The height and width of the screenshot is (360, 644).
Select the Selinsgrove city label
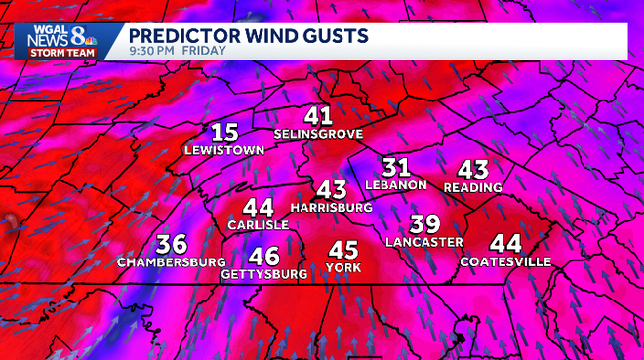pyautogui.click(x=318, y=133)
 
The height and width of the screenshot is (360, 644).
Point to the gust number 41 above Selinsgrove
pyautogui.click(x=318, y=115)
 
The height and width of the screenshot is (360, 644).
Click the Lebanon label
pyautogui.click(x=395, y=184)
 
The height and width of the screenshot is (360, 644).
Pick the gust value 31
pyautogui.click(x=395, y=167)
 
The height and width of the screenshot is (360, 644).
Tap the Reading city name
pyautogui.click(x=472, y=186)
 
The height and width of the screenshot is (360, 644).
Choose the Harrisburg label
pyautogui.click(x=332, y=208)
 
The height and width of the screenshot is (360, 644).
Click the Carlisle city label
pyautogui.click(x=258, y=225)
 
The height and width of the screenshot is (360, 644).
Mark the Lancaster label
pyautogui.click(x=423, y=241)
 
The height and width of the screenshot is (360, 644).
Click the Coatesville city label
pyautogui.click(x=505, y=261)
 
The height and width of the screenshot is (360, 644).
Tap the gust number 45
pyautogui.click(x=344, y=250)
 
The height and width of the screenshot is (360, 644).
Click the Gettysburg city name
pyautogui.click(x=263, y=275)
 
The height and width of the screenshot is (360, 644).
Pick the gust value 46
pyautogui.click(x=263, y=257)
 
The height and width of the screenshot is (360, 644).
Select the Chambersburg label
pyautogui.click(x=172, y=262)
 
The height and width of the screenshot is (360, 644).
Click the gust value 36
pyautogui.click(x=172, y=244)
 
